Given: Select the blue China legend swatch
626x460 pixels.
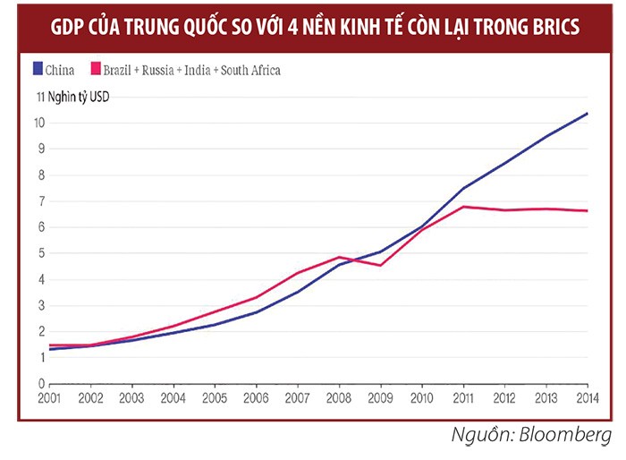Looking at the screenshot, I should pyautogui.click(x=37, y=69).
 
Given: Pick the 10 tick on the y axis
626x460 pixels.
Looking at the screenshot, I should pyautogui.click(x=41, y=123).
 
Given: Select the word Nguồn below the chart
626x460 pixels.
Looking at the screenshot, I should pyautogui.click(x=474, y=436).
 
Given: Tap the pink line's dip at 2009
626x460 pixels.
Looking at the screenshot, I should pyautogui.click(x=381, y=265).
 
